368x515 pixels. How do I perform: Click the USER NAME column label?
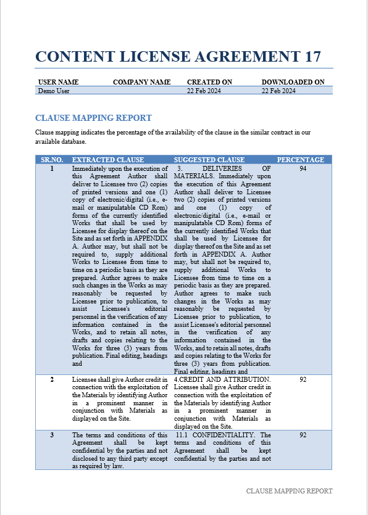(x=58, y=82)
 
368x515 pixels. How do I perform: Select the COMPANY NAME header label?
(x=141, y=82)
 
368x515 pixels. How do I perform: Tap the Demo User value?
(x=54, y=91)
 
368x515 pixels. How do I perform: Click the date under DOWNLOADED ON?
(x=278, y=91)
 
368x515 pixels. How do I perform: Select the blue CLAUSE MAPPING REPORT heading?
(x=93, y=118)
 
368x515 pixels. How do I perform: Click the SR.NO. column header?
(x=52, y=160)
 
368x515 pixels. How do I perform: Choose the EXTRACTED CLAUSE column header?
(x=108, y=160)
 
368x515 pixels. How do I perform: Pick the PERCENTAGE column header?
(x=301, y=160)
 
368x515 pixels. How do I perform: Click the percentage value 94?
(x=303, y=168)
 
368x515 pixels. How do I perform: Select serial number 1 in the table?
(x=52, y=168)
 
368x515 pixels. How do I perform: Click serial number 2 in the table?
(x=52, y=379)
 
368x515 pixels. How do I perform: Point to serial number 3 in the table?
(x=52, y=435)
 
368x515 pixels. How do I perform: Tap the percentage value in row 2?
(x=303, y=379)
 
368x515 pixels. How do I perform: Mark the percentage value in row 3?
(x=303, y=435)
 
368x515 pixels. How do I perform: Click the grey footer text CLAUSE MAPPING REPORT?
(x=289, y=491)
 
